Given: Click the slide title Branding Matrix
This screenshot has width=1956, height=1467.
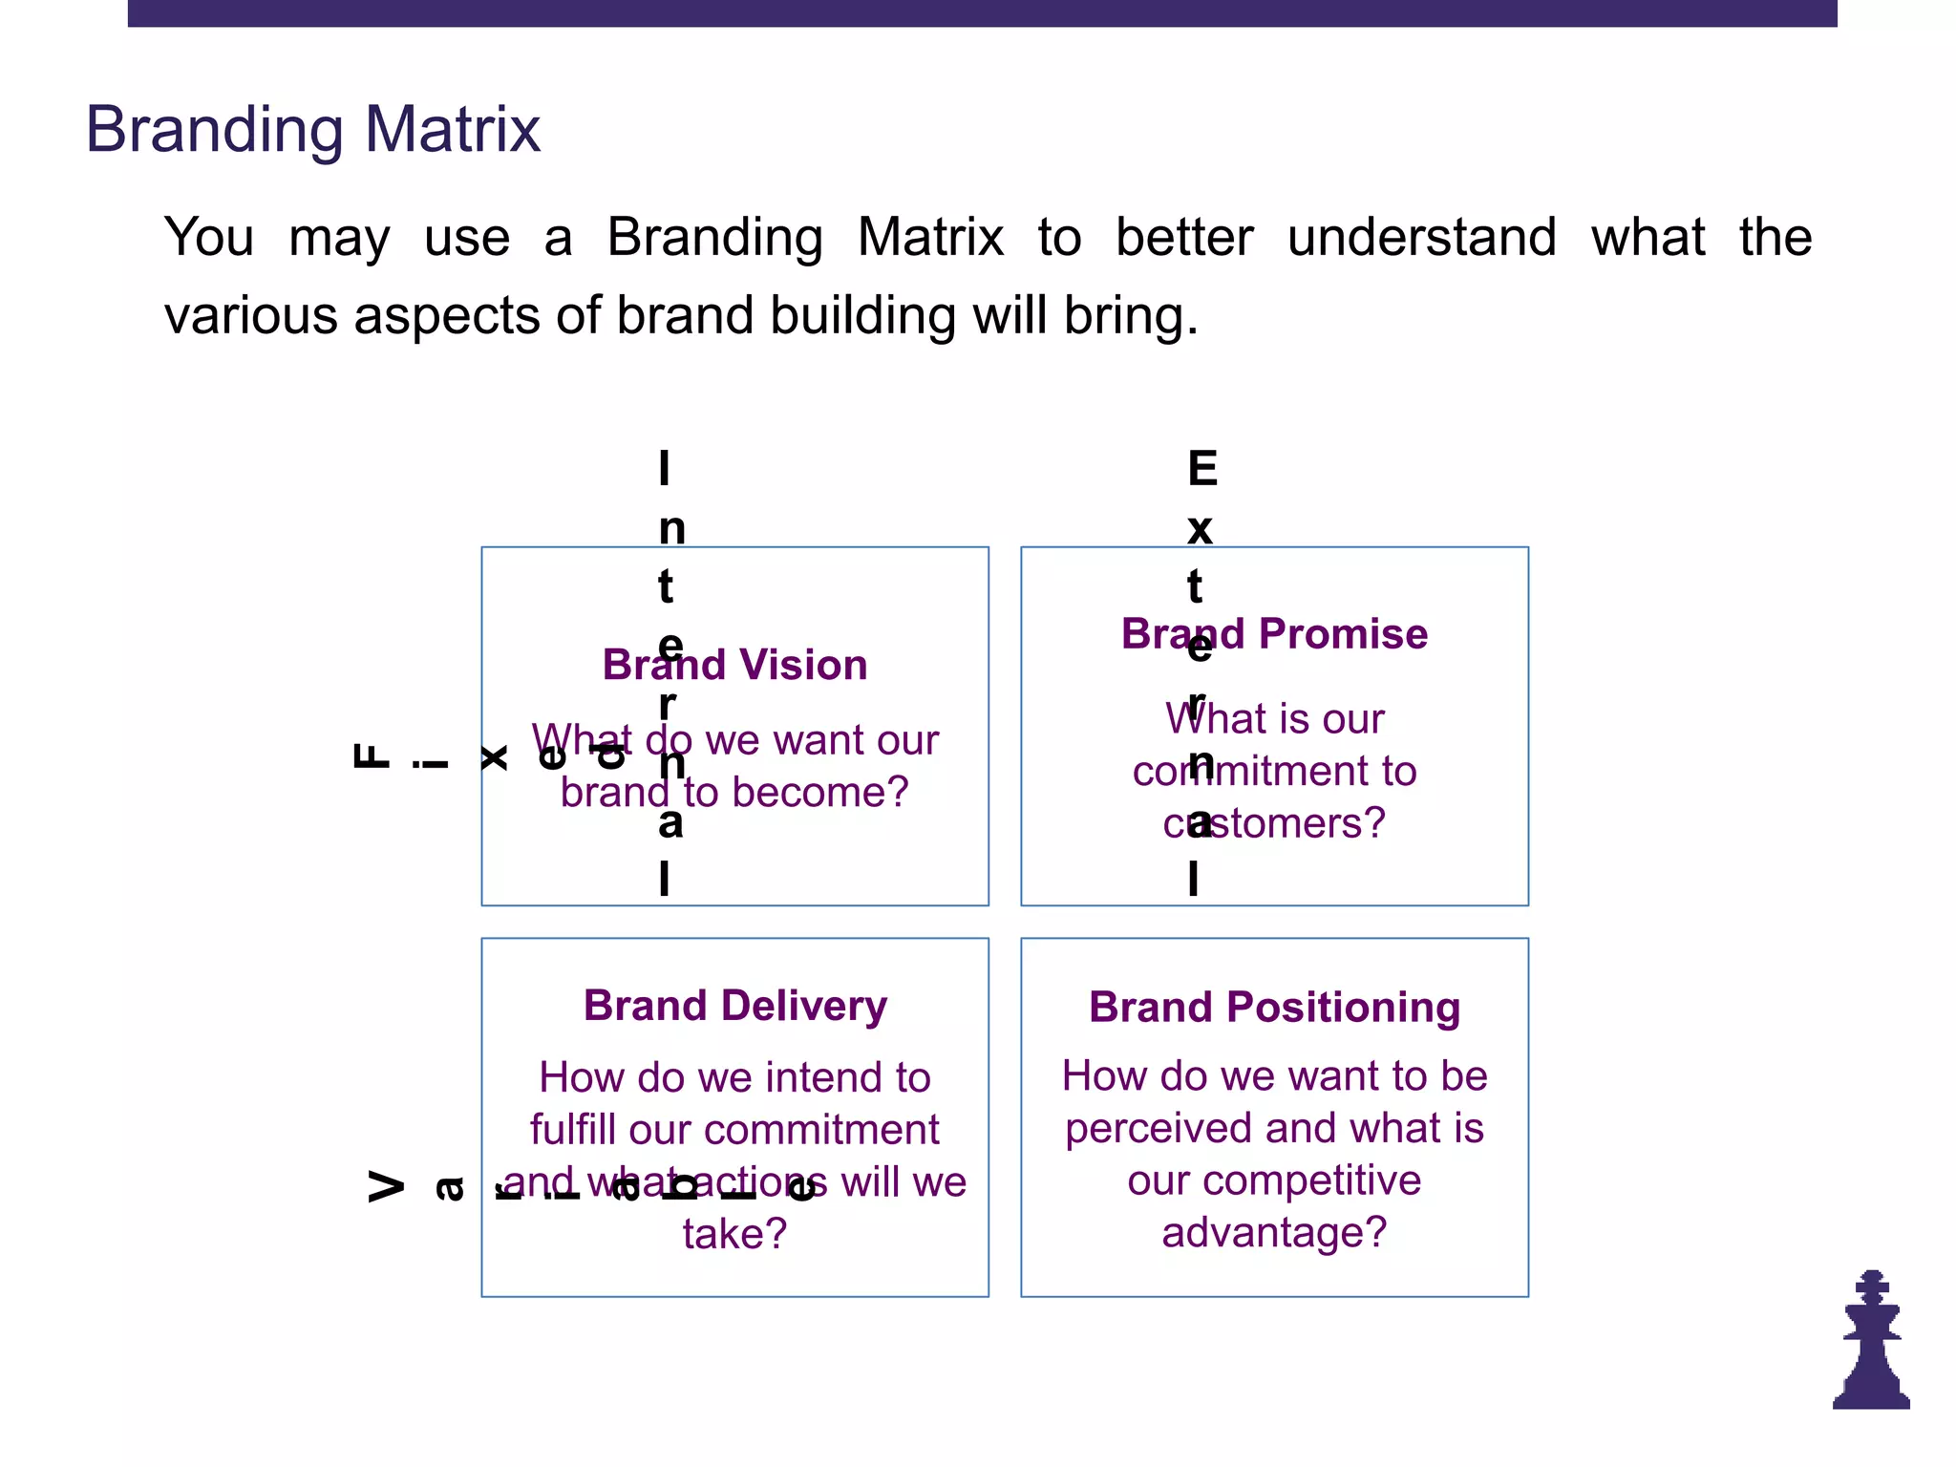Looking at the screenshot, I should pyautogui.click(x=313, y=130).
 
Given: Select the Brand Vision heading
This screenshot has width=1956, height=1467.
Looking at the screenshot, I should pyautogui.click(x=734, y=665).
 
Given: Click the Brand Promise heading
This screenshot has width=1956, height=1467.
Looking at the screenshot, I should pyautogui.click(x=1274, y=634).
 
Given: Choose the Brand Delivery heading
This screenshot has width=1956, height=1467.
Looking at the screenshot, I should pyautogui.click(x=734, y=1006).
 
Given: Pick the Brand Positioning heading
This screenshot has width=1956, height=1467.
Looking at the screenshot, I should pyautogui.click(x=1274, y=1008).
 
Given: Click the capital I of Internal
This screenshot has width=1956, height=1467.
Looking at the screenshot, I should pyautogui.click(x=665, y=469).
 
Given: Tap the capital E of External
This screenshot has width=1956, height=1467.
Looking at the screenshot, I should pyautogui.click(x=1202, y=469).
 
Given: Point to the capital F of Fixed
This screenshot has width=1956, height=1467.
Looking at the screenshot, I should pyautogui.click(x=372, y=756).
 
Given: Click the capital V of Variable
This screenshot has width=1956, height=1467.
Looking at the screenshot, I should pyautogui.click(x=387, y=1187).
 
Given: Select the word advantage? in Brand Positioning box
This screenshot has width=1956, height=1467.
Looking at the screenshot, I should pyautogui.click(x=1274, y=1233).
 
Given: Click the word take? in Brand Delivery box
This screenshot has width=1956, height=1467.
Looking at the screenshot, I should pyautogui.click(x=734, y=1235).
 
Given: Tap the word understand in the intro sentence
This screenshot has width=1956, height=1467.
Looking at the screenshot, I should pyautogui.click(x=1421, y=237).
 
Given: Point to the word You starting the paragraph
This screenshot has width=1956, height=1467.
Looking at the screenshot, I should pyautogui.click(x=209, y=237).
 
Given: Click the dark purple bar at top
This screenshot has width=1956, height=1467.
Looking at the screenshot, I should pyautogui.click(x=982, y=12).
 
